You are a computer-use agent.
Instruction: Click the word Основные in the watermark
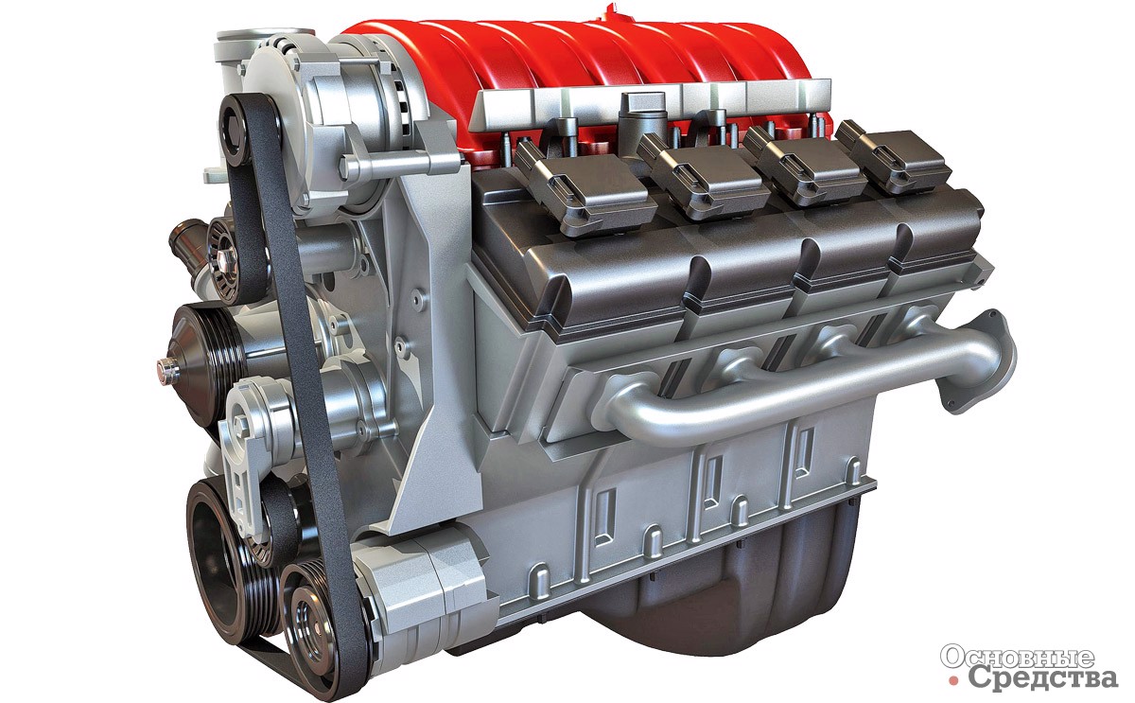(1017, 658)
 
